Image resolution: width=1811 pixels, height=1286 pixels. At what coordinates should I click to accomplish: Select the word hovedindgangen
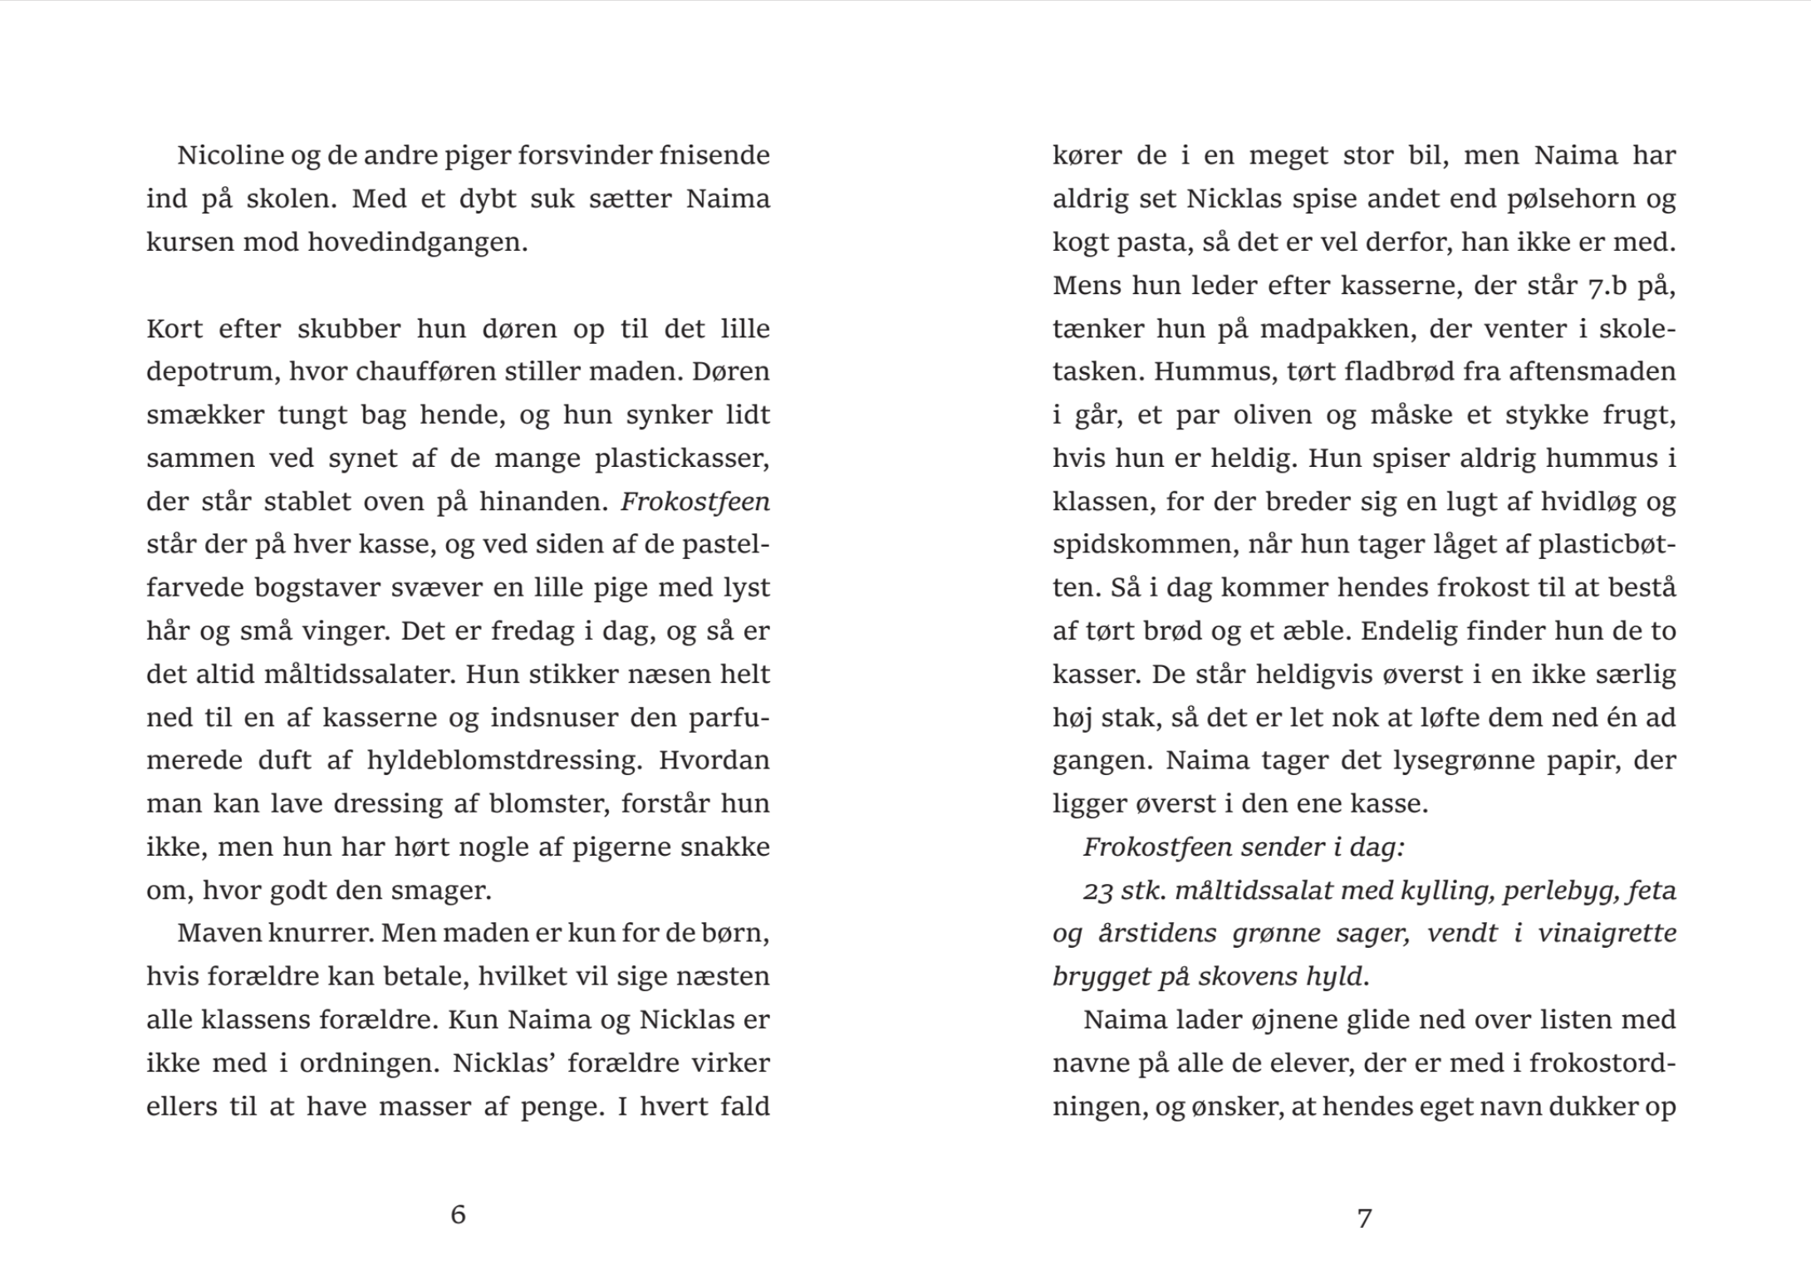(x=417, y=242)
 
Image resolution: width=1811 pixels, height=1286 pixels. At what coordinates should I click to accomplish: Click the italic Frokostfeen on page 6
(x=695, y=502)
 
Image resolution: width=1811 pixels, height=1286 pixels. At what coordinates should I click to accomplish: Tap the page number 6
(x=458, y=1215)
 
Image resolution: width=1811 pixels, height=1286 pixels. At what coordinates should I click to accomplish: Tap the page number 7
(x=1364, y=1218)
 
